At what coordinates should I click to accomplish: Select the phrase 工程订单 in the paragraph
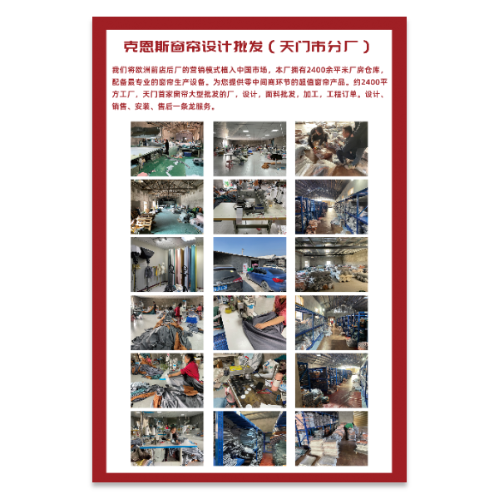340,95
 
